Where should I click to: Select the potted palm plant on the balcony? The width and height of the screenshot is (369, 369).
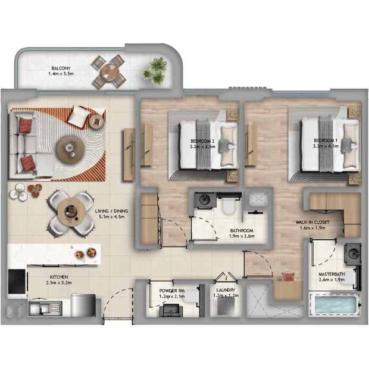155,71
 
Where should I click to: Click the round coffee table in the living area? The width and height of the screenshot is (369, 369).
71,149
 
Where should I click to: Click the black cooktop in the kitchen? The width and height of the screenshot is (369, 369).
17,282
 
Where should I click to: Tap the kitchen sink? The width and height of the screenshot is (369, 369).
45,308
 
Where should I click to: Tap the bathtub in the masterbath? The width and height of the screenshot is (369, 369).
335,305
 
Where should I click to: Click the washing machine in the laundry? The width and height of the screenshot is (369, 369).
226,307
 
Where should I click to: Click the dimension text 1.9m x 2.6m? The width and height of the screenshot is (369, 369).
242,236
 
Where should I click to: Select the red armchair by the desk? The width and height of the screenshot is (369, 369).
288,277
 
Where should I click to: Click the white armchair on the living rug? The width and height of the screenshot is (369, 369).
79,117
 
